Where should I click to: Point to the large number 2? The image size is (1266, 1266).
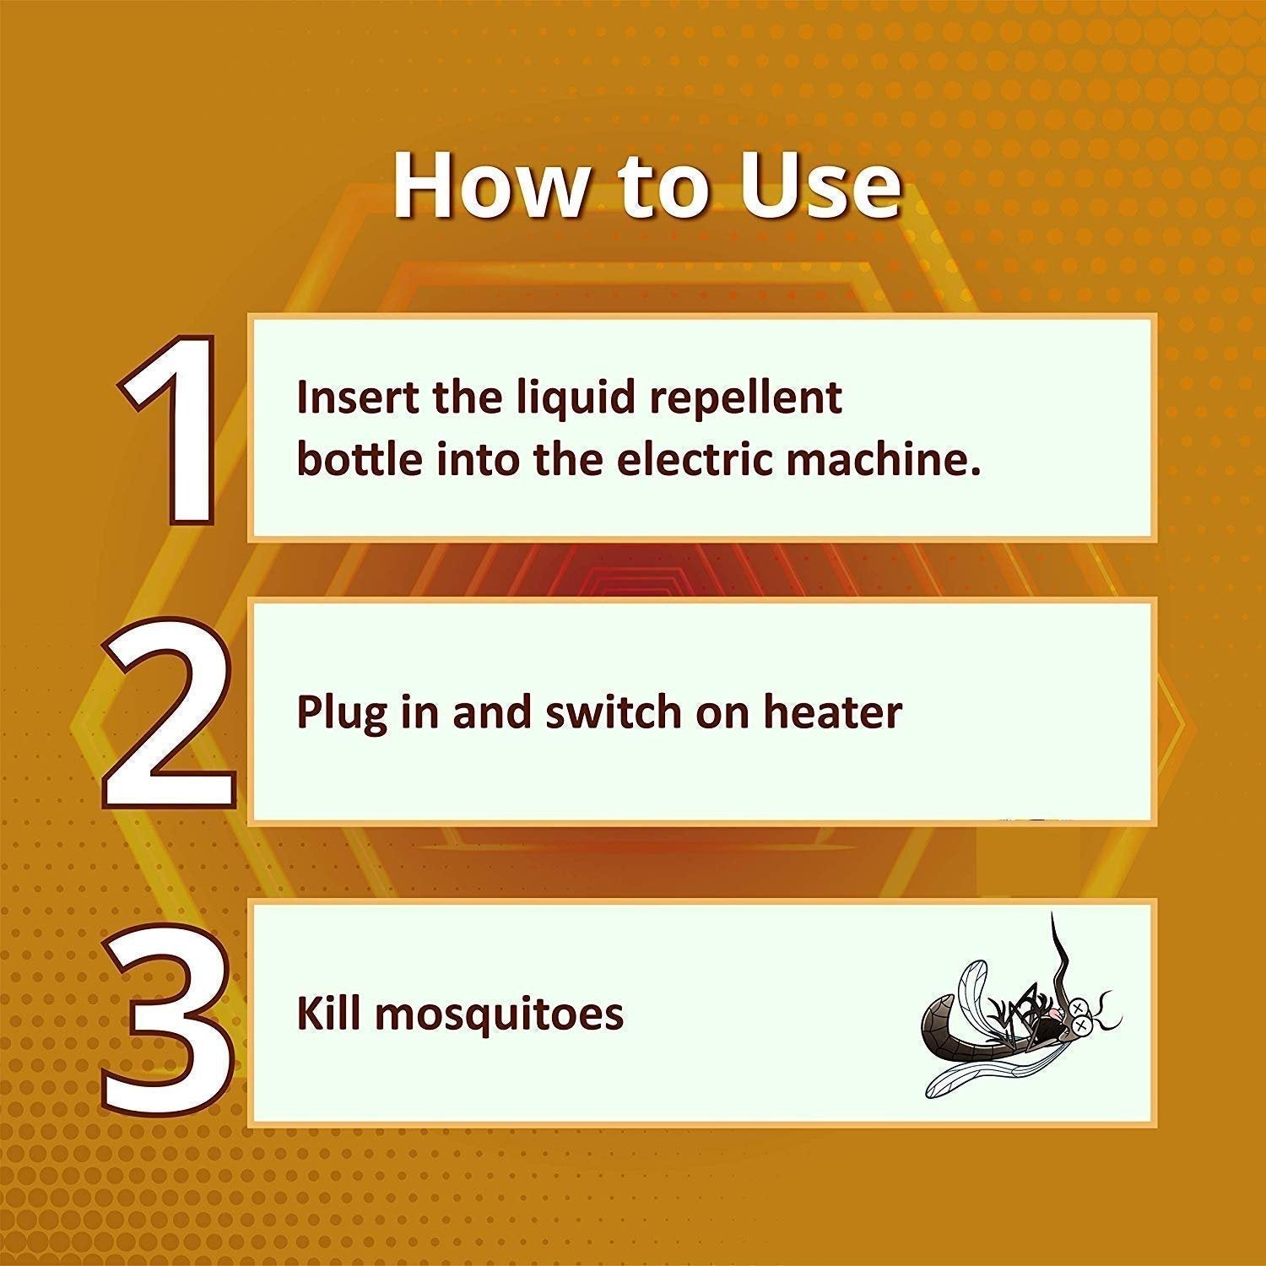click(x=168, y=714)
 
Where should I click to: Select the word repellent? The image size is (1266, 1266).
click(x=745, y=398)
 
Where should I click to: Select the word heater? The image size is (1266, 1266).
click(x=832, y=713)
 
